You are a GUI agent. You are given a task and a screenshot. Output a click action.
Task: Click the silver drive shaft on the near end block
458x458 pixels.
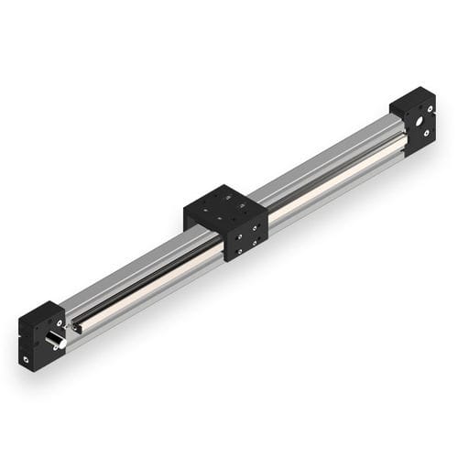(54, 342)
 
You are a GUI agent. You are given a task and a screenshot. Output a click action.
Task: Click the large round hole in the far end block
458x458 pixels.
(420, 120)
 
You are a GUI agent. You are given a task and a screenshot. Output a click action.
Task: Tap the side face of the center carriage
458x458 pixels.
(245, 234)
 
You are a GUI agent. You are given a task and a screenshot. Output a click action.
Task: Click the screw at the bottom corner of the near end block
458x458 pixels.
(27, 360)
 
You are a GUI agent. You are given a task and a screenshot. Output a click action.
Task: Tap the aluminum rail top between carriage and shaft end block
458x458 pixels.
(128, 275)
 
